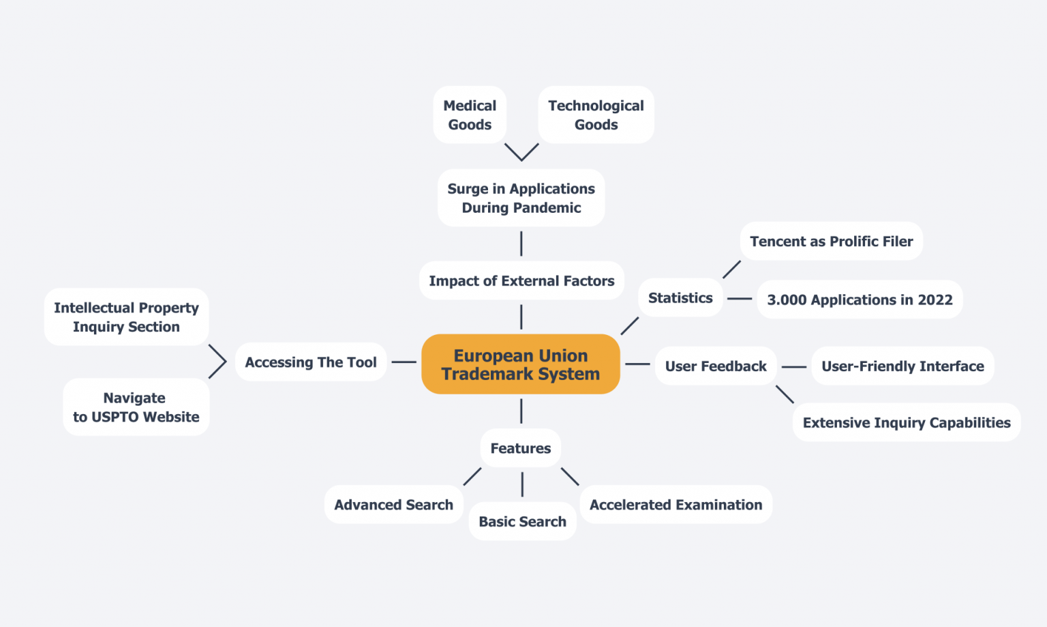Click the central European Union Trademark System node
click(521, 364)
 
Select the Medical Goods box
click(470, 115)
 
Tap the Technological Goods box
click(596, 115)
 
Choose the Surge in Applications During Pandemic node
click(521, 198)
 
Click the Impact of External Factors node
click(521, 280)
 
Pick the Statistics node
click(680, 297)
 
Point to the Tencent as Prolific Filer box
click(831, 241)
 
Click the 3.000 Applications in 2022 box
click(860, 300)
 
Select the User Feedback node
click(716, 366)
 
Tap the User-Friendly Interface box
click(902, 366)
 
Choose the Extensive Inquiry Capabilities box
click(906, 422)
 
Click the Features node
click(521, 448)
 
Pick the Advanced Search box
click(393, 504)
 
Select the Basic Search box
click(522, 521)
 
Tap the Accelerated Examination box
click(676, 504)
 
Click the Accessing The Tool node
click(311, 362)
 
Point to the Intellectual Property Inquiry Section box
click(126, 317)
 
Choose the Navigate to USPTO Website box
click(136, 407)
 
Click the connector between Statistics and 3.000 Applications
click(740, 298)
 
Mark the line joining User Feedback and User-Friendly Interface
click(794, 366)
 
